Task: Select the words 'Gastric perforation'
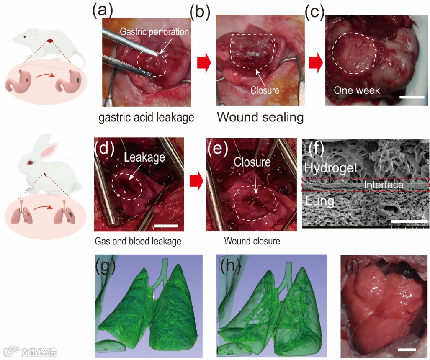coord(154,31)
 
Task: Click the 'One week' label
coord(356,90)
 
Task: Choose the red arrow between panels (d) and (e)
coord(196,182)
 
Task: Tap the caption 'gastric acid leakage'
coord(147,118)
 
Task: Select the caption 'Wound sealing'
coord(260,117)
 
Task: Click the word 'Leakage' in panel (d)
coord(144,158)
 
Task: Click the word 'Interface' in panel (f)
coord(384,185)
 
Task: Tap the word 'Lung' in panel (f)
coord(319,201)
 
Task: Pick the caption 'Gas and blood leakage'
coord(138,242)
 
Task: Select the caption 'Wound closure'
coord(252,242)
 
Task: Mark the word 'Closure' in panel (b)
coord(265,90)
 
